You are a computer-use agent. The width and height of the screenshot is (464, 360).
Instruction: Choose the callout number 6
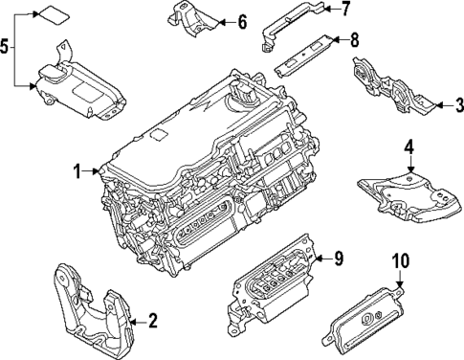point(241,21)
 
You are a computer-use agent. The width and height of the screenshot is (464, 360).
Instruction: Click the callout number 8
point(354,40)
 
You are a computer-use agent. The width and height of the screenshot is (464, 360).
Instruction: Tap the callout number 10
point(400,260)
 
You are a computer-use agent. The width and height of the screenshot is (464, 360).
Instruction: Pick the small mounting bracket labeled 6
point(186,20)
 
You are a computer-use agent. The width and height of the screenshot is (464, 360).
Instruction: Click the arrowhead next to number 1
point(99,172)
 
